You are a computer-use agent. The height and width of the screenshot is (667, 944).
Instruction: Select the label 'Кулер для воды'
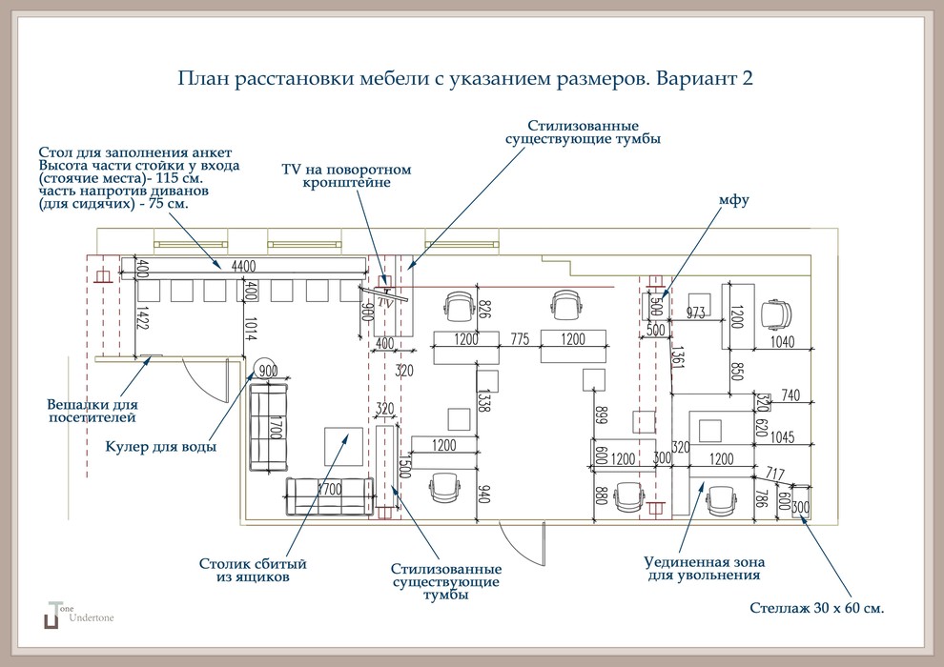pos(160,446)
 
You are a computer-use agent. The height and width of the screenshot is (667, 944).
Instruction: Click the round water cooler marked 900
pos(266,370)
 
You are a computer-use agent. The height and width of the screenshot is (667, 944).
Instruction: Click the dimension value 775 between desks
pos(520,339)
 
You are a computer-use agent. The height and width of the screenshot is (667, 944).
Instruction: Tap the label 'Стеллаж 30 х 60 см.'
pos(817,607)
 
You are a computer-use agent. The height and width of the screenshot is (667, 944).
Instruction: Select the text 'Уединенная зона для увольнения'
pos(704,568)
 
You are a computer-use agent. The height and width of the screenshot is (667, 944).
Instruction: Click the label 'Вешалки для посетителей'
pos(92,411)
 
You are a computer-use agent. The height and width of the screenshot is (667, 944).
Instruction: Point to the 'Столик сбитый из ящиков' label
pos(253,570)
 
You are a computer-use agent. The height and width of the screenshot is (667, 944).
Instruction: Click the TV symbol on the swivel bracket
pos(386,298)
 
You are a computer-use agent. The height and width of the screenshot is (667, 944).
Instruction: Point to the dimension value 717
pos(774,474)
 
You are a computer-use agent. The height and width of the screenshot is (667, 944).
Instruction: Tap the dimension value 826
pos(483,310)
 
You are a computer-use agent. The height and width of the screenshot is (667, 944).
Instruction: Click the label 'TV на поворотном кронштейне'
pos(346,175)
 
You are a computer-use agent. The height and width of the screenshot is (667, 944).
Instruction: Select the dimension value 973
pos(696,313)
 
